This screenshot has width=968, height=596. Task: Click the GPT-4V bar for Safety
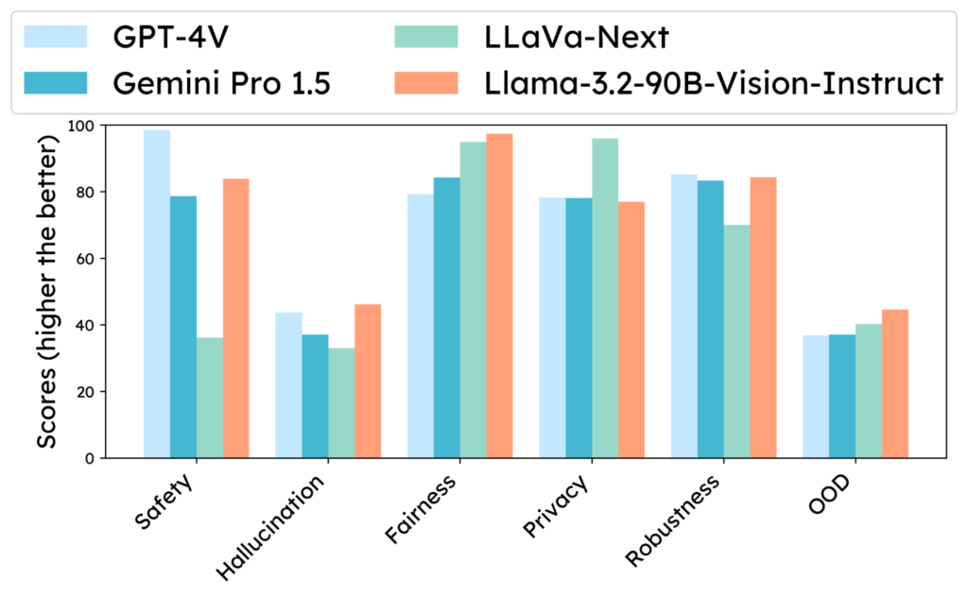[x=157, y=294]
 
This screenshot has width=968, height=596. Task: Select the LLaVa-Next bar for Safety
[x=209, y=398]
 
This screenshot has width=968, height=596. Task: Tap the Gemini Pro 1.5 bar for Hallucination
[x=315, y=396]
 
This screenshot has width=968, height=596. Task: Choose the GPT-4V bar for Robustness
[x=684, y=315]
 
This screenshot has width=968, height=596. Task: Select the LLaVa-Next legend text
[x=576, y=37]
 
